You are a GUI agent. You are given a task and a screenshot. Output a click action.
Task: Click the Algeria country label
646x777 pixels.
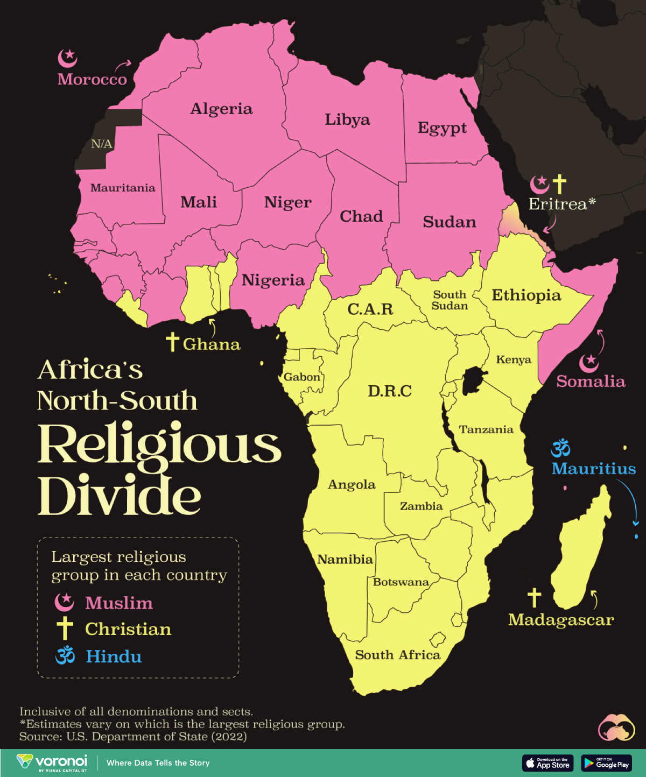[221, 109]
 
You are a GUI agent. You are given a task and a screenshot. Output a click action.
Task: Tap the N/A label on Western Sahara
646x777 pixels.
[101, 144]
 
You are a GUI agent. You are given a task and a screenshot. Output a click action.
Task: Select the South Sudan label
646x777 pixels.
[450, 300]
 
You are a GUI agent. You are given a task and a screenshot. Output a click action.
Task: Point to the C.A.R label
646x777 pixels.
[370, 309]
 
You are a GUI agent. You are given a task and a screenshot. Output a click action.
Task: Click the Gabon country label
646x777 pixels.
[301, 377]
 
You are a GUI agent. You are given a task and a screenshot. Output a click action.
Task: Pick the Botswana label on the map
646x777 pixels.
[401, 582]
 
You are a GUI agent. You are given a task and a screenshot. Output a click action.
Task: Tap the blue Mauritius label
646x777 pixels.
[593, 469]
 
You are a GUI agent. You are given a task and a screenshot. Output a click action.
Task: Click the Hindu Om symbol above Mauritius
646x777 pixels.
[560, 448]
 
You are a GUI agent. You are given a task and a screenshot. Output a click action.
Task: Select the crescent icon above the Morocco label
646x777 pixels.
[68, 58]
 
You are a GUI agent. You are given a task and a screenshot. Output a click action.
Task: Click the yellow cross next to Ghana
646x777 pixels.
[172, 342]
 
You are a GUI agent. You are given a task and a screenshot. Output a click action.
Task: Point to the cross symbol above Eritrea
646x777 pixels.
[560, 184]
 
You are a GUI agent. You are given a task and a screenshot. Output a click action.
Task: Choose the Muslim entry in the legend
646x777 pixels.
[118, 603]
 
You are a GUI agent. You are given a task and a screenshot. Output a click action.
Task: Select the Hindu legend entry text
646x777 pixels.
[114, 656]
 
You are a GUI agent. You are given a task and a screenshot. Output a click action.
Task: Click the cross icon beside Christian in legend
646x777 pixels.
[65, 628]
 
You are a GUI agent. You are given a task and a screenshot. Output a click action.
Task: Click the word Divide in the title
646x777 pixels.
[119, 496]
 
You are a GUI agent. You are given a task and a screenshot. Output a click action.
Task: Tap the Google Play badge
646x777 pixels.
[607, 762]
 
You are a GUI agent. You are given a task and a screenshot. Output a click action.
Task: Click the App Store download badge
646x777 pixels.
[547, 762]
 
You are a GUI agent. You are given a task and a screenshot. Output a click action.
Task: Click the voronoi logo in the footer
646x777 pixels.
[52, 762]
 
